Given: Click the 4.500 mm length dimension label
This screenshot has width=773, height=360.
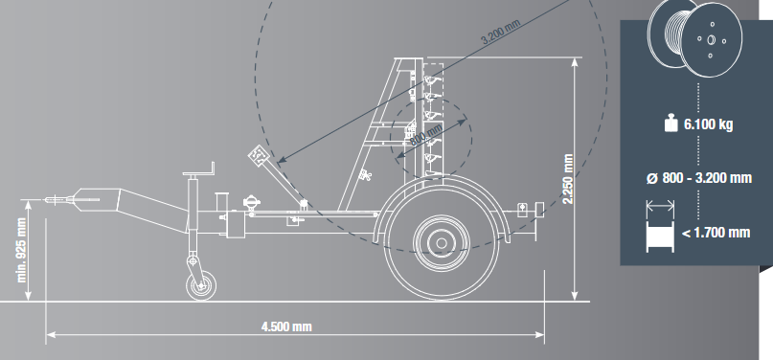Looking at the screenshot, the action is coord(286,326).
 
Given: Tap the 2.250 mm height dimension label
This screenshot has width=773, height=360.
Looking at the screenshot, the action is coord(568,178).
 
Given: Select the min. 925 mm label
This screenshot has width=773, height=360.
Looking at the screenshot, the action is coord(22,250).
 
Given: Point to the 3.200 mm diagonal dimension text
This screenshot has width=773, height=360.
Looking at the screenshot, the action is coord(500,33).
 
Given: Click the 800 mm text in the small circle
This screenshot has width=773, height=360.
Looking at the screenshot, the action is coord(426,134).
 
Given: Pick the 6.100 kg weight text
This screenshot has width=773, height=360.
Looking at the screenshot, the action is coord(708,124).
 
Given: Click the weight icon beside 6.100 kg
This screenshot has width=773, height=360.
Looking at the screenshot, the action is coord(671,124).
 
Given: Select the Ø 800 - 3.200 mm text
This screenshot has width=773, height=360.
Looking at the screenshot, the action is coord(699,178).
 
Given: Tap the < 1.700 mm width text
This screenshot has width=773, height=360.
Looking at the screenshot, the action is coord(716,232).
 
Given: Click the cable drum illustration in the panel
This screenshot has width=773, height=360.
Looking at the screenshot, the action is coord(694,38).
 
